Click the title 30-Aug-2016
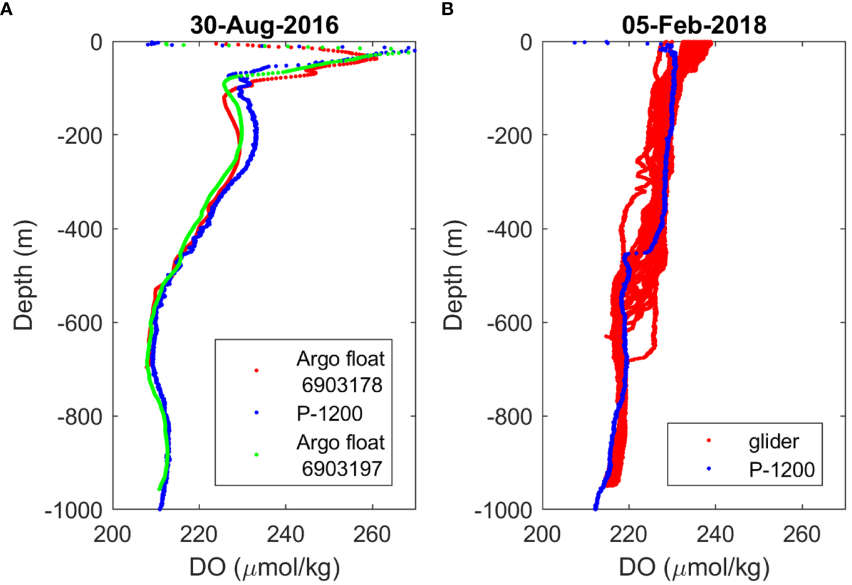pyautogui.click(x=264, y=25)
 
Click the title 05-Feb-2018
pyautogui.click(x=694, y=25)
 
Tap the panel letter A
pyautogui.click(x=6, y=9)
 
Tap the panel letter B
pyautogui.click(x=447, y=9)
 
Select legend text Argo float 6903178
pyautogui.click(x=341, y=371)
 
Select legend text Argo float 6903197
pyautogui.click(x=341, y=455)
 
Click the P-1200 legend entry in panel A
pyautogui.click(x=329, y=414)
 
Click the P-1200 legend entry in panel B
pyautogui.click(x=781, y=469)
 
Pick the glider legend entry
pyautogui.click(x=774, y=442)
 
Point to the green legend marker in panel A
pyautogui.click(x=257, y=455)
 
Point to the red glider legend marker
pyautogui.click(x=709, y=441)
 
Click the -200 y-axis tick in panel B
pyautogui.click(x=510, y=135)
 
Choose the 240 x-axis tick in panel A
pyautogui.click(x=286, y=534)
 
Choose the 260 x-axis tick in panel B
pyautogui.click(x=802, y=534)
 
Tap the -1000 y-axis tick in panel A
pyautogui.click(x=73, y=510)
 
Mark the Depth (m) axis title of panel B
pyautogui.click(x=454, y=275)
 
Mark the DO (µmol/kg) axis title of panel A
pyautogui.click(x=264, y=567)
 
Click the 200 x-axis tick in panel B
pyautogui.click(x=543, y=534)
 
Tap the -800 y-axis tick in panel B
pyautogui.click(x=510, y=417)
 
